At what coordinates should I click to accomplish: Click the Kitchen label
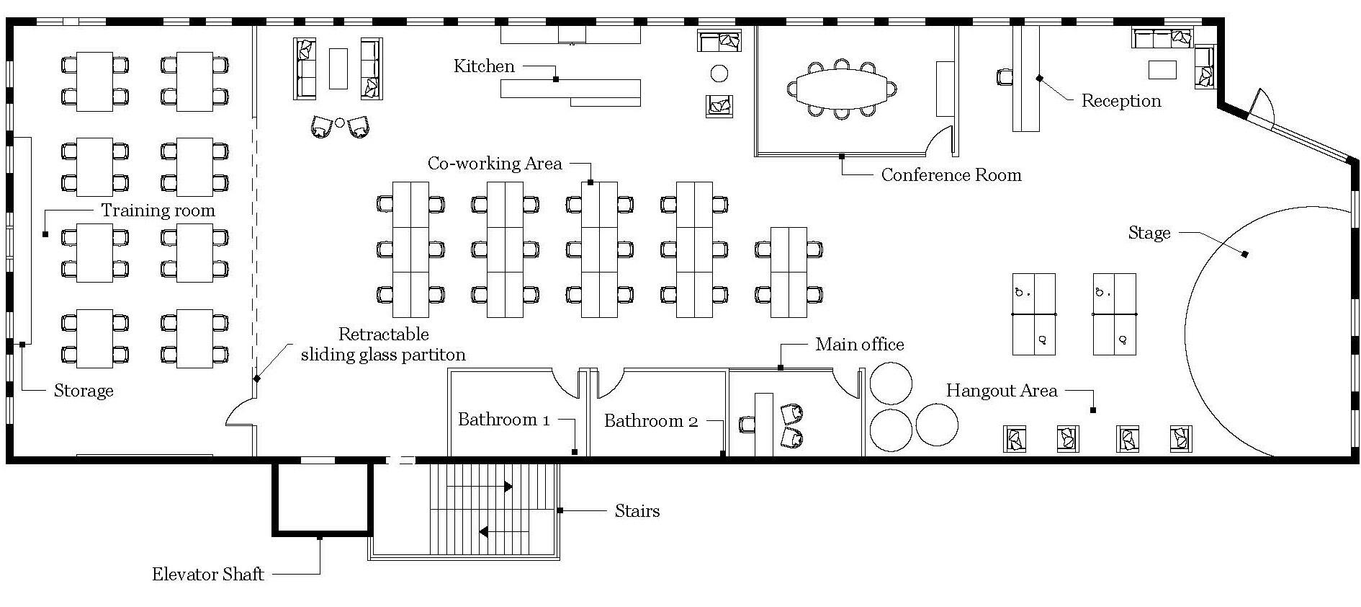484,66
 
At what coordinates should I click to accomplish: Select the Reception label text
1120,101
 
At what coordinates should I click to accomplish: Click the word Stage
1149,233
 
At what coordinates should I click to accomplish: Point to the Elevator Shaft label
207,575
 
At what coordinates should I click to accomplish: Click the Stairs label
637,511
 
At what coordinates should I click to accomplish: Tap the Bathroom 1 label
503,420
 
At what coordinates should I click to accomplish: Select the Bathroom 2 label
650,421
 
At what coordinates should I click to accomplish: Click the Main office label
859,345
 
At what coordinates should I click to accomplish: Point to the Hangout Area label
1001,391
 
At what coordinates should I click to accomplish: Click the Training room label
158,211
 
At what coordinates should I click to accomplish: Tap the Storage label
84,391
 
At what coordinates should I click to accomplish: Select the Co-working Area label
494,164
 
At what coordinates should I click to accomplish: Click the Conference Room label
951,175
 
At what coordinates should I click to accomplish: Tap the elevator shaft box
322,499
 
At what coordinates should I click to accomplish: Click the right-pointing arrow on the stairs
508,487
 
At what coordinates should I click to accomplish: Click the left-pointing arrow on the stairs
484,532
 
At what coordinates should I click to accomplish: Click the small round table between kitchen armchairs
340,123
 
